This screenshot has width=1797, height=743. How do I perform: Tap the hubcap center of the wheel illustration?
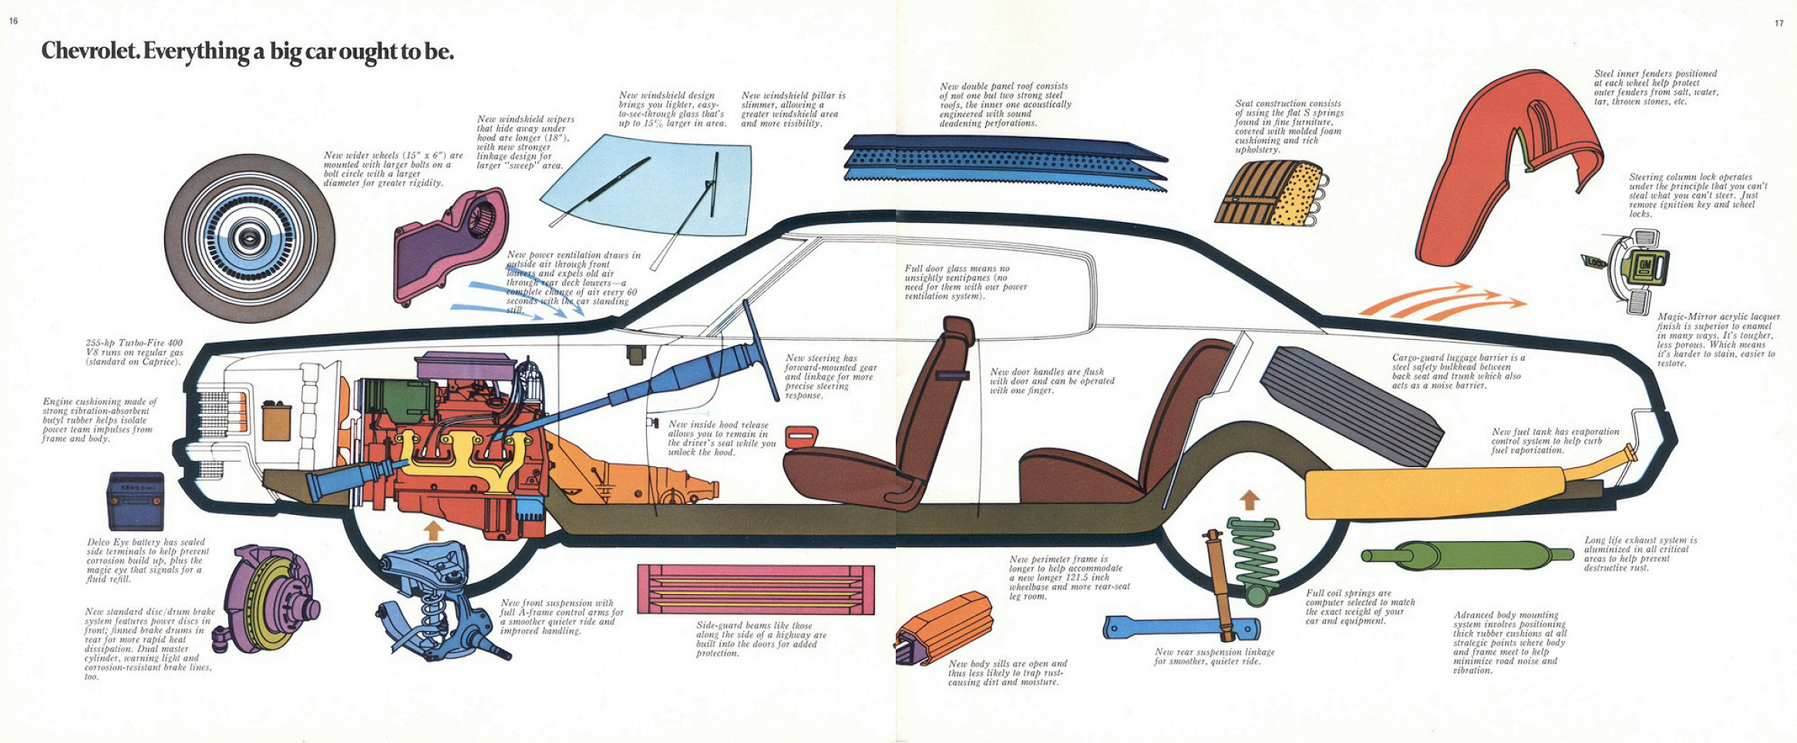tap(250, 238)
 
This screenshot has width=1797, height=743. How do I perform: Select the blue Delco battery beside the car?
tap(136, 500)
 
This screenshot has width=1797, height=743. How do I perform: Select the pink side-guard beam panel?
tap(755, 589)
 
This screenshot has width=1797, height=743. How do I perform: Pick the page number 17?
tap(1778, 23)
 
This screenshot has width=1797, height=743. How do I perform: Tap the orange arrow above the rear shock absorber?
tap(1250, 500)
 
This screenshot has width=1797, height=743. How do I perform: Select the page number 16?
tap(13, 21)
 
